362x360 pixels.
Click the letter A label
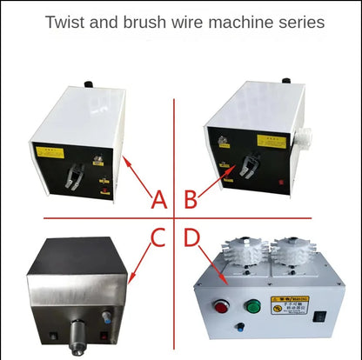click(158, 200)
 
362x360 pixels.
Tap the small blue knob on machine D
click(239, 330)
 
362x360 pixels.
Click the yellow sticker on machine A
click(48, 150)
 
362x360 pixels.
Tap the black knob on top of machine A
click(85, 84)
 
